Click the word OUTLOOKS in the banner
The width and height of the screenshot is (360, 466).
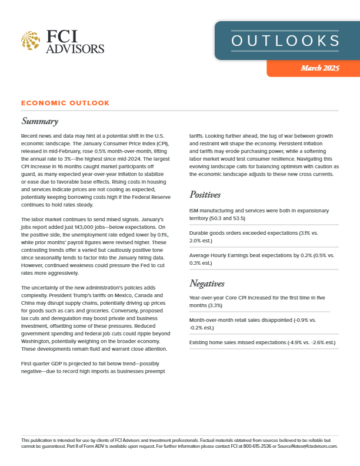pyautogui.click(x=285, y=41)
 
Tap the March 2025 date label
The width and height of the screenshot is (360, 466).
pyautogui.click(x=320, y=69)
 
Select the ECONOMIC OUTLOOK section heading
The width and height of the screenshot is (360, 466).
pyautogui.click(x=65, y=103)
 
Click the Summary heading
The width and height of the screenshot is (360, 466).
pyautogui.click(x=39, y=122)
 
